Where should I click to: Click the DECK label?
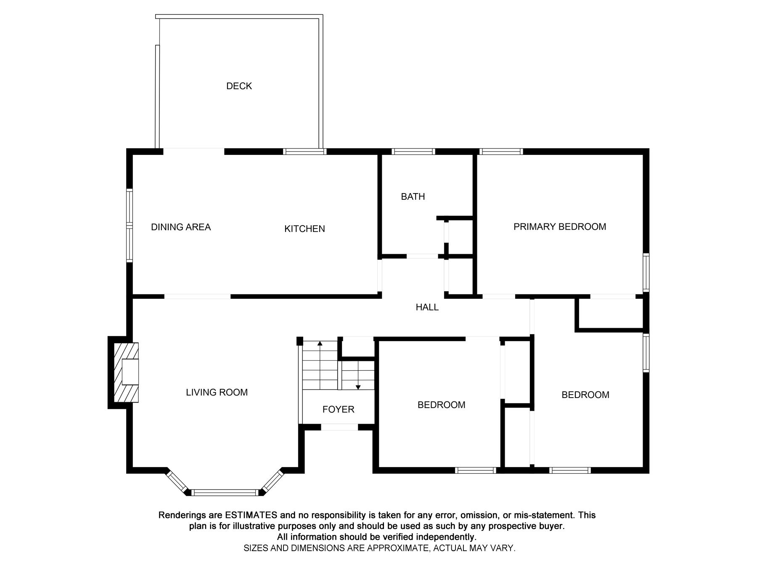click(x=239, y=86)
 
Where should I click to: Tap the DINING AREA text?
click(x=181, y=227)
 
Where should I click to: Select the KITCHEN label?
click(x=304, y=229)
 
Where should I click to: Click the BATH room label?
click(x=413, y=196)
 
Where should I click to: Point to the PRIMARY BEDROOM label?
click(x=559, y=227)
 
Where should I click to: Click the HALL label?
click(x=427, y=308)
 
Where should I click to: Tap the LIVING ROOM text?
click(x=217, y=393)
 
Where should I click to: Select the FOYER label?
click(x=338, y=409)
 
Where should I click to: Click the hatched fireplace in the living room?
click(x=126, y=372)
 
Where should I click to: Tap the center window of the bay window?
click(x=225, y=493)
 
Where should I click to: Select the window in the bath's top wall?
click(x=413, y=151)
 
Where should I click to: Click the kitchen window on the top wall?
click(x=304, y=151)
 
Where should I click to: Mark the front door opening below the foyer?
click(x=339, y=427)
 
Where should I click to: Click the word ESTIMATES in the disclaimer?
click(x=251, y=515)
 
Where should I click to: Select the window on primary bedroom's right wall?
click(x=646, y=272)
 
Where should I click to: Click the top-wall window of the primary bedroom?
click(x=500, y=151)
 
